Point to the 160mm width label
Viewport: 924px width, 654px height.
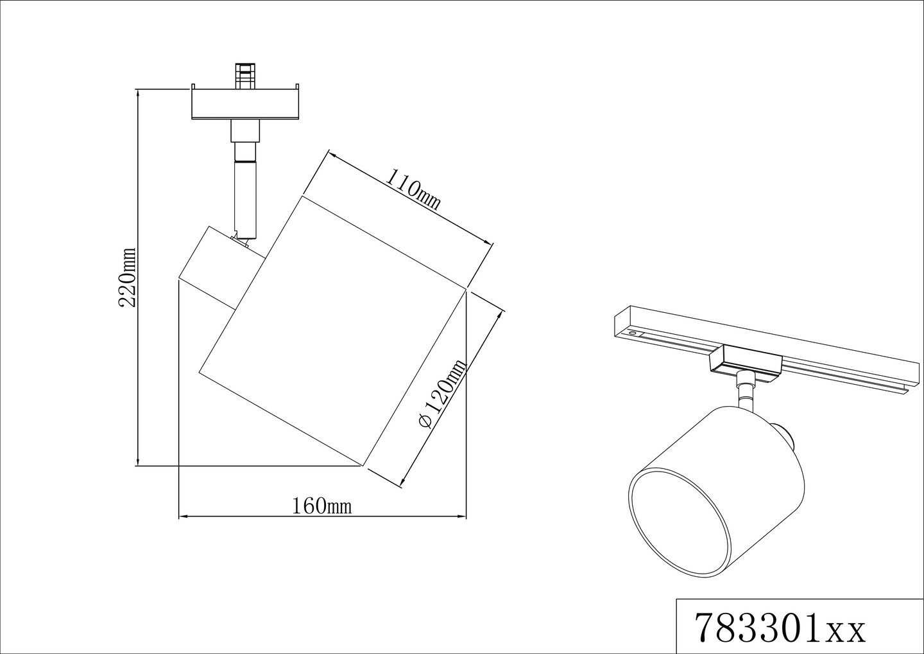pyautogui.click(x=322, y=506)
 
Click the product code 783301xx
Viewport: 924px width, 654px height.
pyautogui.click(x=780, y=628)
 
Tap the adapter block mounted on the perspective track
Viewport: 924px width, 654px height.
pyautogui.click(x=745, y=360)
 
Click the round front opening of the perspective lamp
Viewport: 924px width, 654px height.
pyautogui.click(x=678, y=520)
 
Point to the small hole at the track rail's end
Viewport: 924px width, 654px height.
pyautogui.click(x=633, y=334)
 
